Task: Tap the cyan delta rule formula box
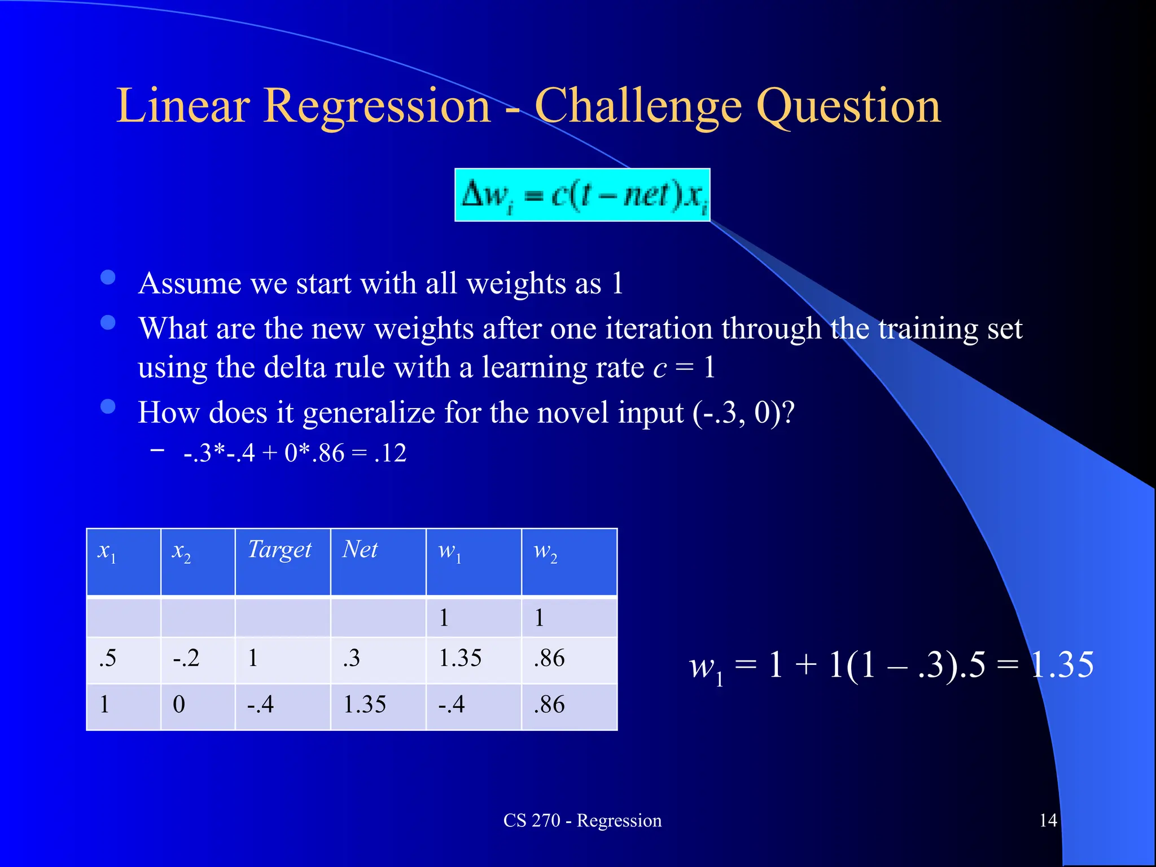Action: point(582,195)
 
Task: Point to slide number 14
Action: point(1048,820)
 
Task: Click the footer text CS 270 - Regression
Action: point(582,820)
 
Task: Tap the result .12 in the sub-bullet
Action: point(390,453)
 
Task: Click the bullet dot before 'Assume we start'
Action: point(108,277)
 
